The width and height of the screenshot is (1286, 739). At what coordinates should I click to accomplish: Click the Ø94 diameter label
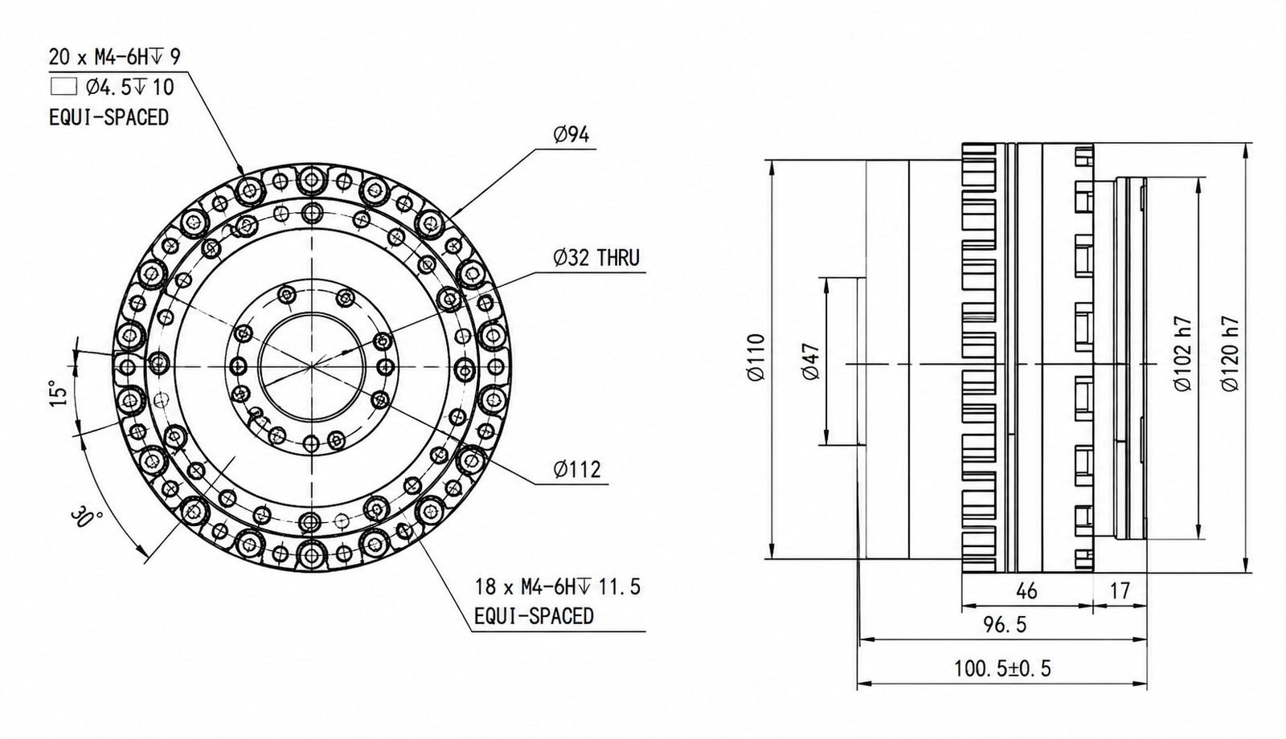(x=571, y=135)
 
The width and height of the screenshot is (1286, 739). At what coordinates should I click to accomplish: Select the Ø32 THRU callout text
(x=596, y=258)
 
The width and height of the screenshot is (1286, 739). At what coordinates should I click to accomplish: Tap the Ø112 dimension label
(x=577, y=469)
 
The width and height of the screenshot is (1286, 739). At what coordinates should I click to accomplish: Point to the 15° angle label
(x=59, y=393)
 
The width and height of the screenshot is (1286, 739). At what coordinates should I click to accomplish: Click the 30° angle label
(x=87, y=520)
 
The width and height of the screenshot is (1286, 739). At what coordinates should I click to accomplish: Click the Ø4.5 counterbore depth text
(x=129, y=88)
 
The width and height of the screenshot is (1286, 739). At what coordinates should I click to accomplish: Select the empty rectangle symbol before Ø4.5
(x=63, y=88)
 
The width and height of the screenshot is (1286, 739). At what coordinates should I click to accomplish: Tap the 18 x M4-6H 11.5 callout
(x=558, y=587)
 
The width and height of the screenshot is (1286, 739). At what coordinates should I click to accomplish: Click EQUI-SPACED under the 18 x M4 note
(x=534, y=616)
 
